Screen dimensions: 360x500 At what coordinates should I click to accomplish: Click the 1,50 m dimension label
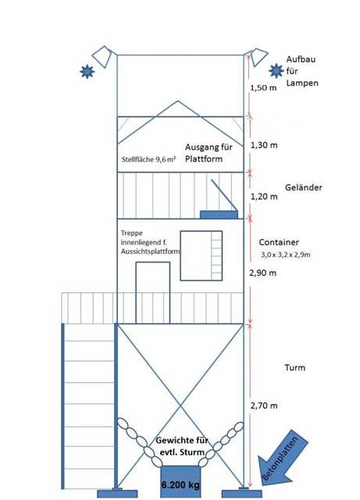tap(263, 87)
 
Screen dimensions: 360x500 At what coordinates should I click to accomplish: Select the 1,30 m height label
tap(264, 145)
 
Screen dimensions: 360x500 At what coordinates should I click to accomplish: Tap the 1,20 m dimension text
tap(264, 196)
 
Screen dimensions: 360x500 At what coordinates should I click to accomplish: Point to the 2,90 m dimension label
tap(262, 273)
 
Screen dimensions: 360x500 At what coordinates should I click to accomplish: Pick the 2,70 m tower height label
tap(264, 405)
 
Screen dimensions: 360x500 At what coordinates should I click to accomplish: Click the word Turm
tap(295, 368)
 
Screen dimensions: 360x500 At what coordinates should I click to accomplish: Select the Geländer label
tap(304, 187)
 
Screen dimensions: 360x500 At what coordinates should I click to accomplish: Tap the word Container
tap(279, 242)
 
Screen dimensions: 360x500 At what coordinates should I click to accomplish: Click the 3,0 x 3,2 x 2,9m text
tap(286, 255)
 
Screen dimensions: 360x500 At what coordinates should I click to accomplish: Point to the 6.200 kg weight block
tap(180, 482)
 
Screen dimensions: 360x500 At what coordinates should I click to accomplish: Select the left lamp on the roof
tap(102, 57)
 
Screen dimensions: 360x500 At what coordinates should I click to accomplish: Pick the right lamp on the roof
tap(258, 57)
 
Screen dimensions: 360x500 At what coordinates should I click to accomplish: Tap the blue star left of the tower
tap(87, 71)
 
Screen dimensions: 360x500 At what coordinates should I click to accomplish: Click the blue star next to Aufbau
tap(276, 71)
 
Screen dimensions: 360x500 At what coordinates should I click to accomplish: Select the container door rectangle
tap(153, 293)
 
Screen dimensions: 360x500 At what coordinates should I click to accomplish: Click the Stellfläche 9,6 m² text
tap(148, 159)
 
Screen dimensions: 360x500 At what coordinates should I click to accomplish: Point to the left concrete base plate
tap(117, 494)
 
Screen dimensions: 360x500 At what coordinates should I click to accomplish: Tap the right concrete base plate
tap(242, 494)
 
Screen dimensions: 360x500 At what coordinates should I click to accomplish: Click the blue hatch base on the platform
tap(219, 215)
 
